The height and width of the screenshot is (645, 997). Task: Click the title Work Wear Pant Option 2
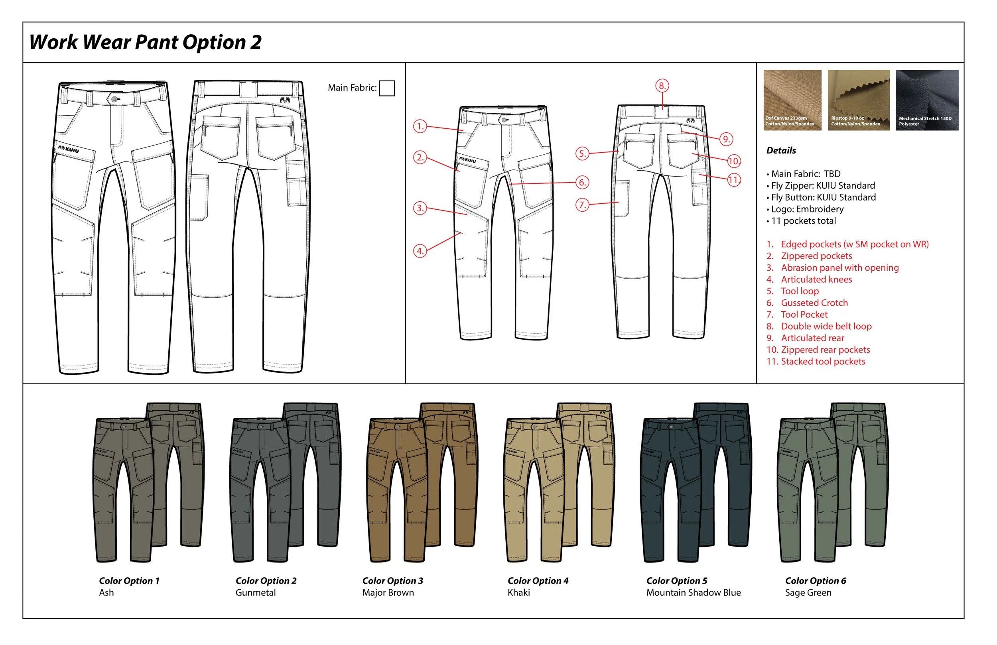point(145,42)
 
